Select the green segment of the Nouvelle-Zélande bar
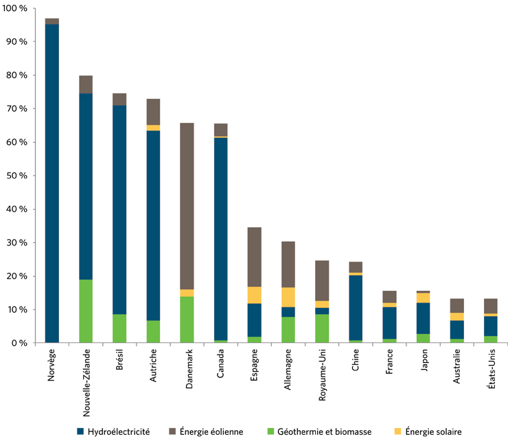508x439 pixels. [86, 311]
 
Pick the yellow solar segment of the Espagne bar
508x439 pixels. [254, 295]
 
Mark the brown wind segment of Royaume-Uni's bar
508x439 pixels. [322, 281]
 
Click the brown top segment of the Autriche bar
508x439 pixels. [153, 112]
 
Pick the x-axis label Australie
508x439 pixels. [457, 371]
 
